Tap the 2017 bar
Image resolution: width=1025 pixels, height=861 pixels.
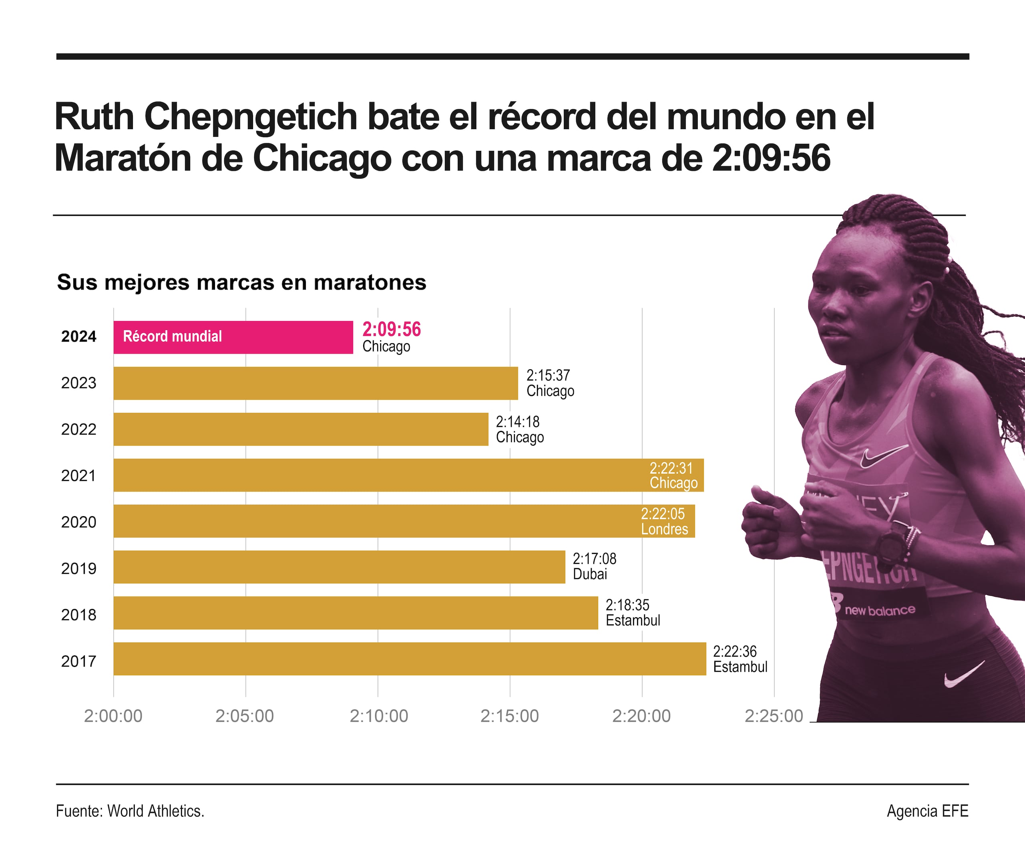[409, 659]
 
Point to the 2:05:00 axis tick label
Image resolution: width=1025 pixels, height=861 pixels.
[245, 716]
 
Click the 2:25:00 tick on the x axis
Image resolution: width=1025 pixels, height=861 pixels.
[774, 716]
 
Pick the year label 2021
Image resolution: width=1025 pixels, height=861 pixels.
[78, 475]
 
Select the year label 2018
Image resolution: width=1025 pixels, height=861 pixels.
[78, 615]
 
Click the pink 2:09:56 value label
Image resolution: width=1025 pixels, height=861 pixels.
[391, 329]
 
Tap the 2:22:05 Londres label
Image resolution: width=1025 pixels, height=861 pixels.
[664, 521]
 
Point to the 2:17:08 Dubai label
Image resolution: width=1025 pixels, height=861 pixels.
[594, 566]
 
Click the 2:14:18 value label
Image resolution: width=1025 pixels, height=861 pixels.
[518, 422]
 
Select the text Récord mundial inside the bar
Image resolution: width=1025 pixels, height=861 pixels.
[173, 336]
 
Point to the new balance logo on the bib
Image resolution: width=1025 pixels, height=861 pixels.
[879, 610]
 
